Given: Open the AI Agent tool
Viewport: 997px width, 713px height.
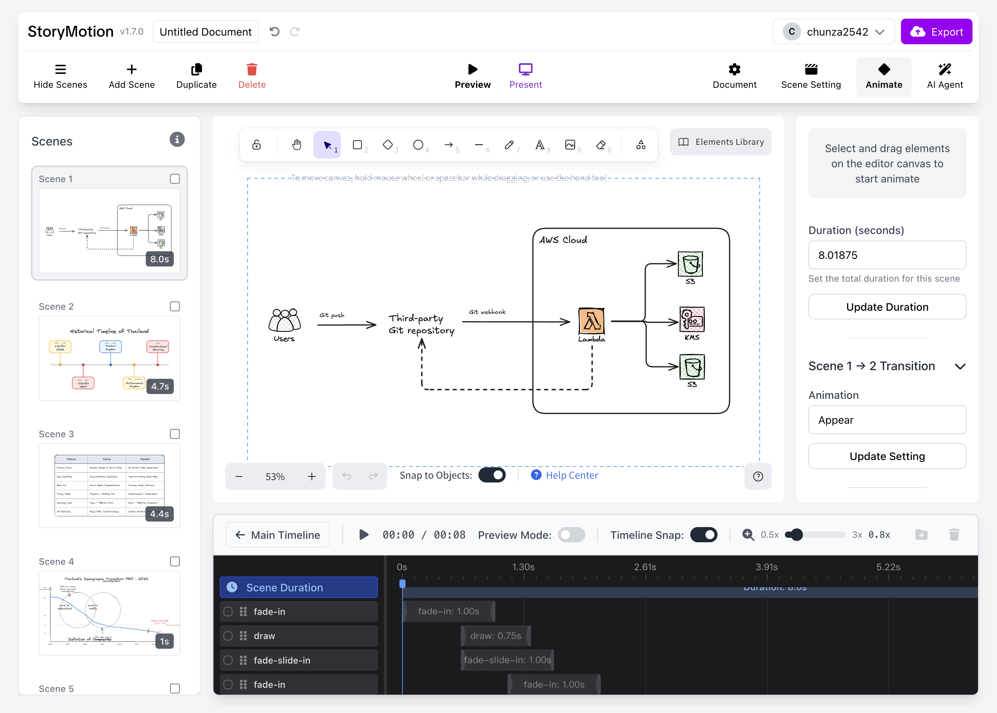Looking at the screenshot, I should pos(944,76).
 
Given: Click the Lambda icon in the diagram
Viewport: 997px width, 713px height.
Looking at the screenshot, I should pos(591,321).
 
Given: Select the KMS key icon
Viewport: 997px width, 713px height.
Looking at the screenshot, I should pos(692,319).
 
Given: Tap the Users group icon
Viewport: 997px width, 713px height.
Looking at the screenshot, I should pos(284,320).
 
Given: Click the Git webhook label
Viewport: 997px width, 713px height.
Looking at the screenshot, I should pos(487,312).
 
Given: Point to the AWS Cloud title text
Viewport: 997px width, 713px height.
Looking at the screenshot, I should pos(563,240).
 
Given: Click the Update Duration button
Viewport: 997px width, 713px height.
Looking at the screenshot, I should pos(887,307).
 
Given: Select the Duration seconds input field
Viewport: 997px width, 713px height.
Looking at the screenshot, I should pos(887,255).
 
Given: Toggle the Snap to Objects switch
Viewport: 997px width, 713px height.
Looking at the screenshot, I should pos(492,475).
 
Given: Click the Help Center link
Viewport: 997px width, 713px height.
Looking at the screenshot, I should pos(571,475).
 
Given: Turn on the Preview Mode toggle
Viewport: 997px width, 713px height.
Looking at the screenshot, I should pos(571,535).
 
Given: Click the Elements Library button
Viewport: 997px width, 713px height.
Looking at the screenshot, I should pos(721,142).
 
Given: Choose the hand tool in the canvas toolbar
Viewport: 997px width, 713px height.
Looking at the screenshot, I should pos(297,145).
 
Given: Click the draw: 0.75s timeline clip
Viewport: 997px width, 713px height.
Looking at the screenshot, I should pos(495,636).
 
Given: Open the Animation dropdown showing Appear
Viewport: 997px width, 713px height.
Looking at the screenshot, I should pos(887,420).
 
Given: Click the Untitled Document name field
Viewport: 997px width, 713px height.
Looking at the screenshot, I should pos(205,31).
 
